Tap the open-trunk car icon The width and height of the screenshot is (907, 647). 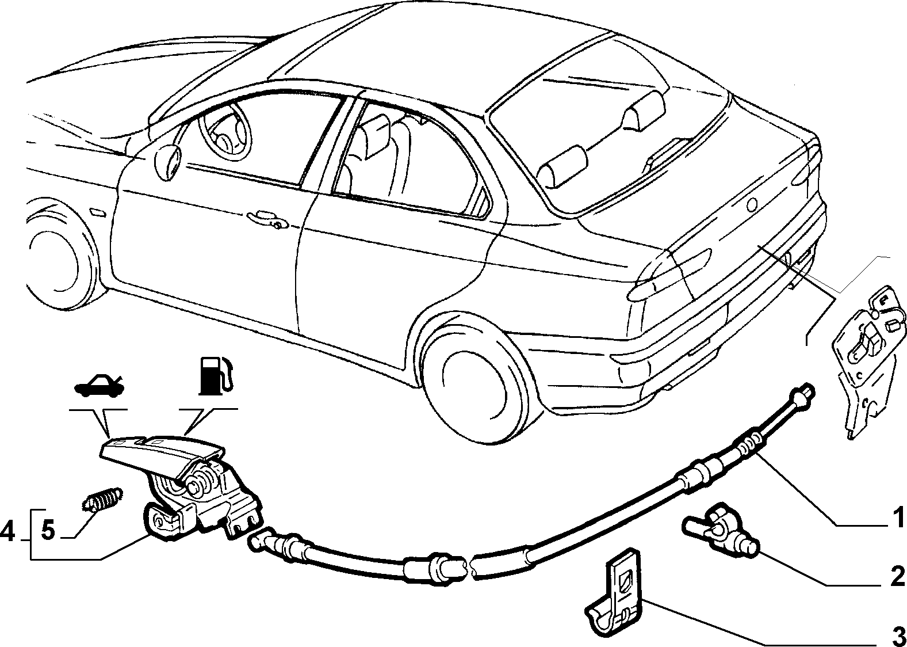[x=98, y=386]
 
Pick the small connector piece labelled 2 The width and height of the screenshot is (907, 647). [x=720, y=529]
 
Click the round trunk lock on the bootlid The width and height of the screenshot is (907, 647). [x=752, y=204]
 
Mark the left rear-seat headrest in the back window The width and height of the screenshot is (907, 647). [x=562, y=167]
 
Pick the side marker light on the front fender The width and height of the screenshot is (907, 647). [x=97, y=213]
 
